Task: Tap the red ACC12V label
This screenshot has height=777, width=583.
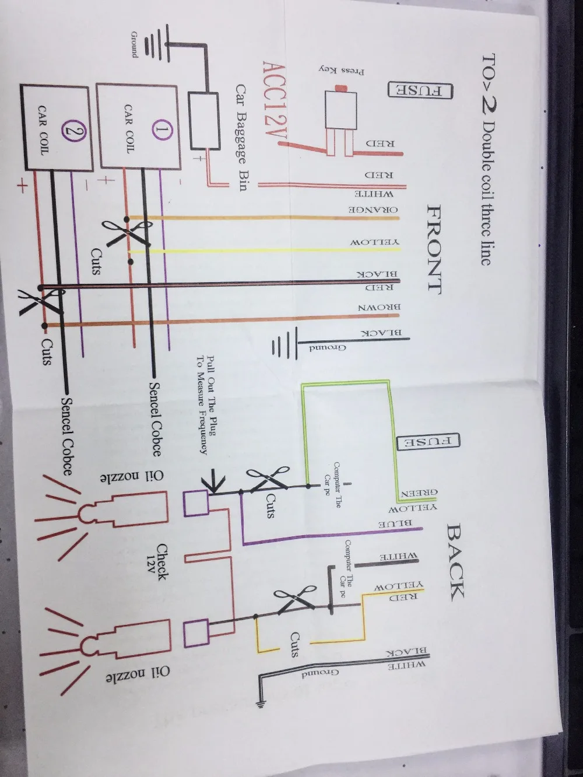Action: (275, 104)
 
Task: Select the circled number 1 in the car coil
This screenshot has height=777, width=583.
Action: (161, 130)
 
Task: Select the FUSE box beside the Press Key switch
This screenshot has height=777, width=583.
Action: (420, 91)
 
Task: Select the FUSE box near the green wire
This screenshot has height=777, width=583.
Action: (428, 441)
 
